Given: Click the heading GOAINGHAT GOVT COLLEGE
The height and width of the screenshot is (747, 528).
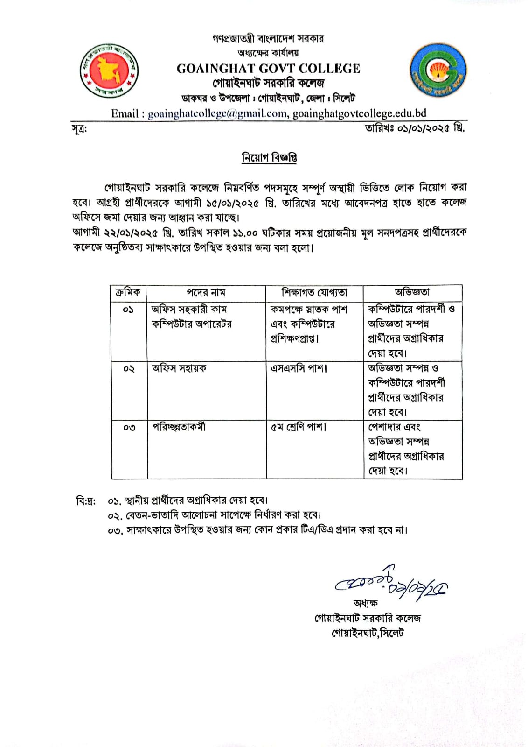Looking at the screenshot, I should [x=268, y=69].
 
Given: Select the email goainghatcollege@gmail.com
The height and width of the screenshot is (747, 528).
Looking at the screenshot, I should [x=217, y=113].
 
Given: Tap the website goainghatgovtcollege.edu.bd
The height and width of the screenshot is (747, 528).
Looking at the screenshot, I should [x=359, y=113].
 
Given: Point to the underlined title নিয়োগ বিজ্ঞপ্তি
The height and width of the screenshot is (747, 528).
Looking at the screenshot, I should [x=269, y=158].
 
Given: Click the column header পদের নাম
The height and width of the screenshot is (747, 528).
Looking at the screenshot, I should [x=206, y=293].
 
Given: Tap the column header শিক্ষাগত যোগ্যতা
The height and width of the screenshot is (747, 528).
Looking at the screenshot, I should [x=314, y=293].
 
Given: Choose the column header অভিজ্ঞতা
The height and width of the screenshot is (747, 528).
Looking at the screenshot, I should [x=412, y=293].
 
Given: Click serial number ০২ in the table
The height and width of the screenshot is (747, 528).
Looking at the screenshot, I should [x=129, y=369].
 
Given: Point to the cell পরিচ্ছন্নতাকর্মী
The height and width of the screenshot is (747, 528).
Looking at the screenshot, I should [x=179, y=427].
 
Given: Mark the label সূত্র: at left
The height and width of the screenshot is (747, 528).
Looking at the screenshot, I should [x=79, y=129].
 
